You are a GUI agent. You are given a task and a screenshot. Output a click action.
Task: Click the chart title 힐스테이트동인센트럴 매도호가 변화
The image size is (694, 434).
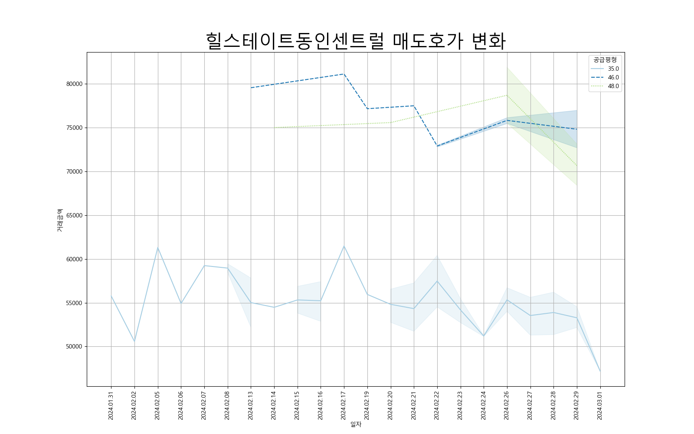click(356, 41)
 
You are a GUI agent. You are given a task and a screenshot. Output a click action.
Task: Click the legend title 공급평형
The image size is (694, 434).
click(605, 59)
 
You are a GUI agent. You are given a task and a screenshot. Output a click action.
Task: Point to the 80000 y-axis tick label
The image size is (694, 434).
click(74, 84)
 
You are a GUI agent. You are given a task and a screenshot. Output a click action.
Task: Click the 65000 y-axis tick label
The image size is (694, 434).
click(74, 215)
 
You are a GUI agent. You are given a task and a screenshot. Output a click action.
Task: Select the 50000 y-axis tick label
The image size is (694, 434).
click(74, 347)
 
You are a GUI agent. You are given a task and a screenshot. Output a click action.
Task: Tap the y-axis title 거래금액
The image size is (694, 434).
click(60, 220)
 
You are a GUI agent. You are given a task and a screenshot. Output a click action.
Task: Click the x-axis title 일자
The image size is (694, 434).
click(356, 424)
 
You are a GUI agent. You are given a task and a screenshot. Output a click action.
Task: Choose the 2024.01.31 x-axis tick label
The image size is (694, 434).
click(111, 406)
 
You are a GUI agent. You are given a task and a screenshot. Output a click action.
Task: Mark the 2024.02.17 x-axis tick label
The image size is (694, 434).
click(344, 406)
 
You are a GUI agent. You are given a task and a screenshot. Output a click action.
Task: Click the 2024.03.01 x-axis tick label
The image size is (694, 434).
click(600, 406)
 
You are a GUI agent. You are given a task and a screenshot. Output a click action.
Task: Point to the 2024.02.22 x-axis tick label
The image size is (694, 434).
click(437, 406)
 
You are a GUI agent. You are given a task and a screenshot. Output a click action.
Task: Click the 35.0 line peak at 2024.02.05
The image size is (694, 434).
click(158, 247)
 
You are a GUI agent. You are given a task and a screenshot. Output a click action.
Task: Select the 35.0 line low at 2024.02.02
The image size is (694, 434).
click(134, 341)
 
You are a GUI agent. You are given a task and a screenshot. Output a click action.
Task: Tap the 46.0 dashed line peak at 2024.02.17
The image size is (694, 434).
click(344, 74)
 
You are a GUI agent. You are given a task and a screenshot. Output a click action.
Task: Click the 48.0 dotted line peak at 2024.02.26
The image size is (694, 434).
click(507, 95)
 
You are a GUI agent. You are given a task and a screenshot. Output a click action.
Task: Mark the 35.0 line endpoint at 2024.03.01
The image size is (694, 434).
click(600, 371)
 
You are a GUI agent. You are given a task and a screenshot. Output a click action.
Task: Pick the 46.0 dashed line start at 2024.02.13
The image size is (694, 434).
click(251, 88)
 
